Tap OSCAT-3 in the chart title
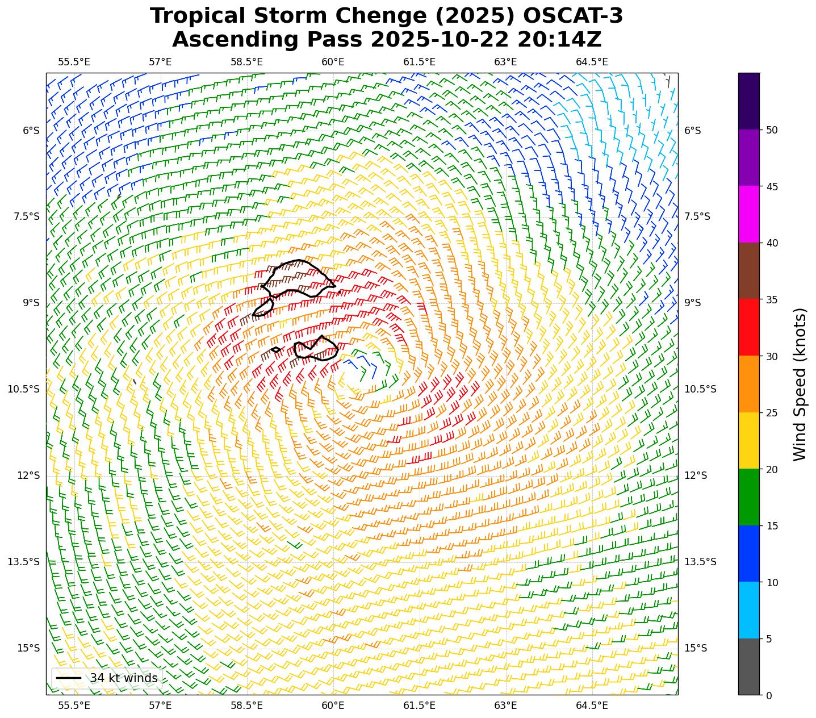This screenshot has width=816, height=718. [x=573, y=16]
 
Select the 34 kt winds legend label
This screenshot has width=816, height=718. [x=123, y=678]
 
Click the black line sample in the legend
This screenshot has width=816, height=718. [x=69, y=678]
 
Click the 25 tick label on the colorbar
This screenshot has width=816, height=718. [x=772, y=413]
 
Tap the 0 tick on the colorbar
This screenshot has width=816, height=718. [x=769, y=695]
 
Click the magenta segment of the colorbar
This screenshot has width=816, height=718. [x=749, y=214]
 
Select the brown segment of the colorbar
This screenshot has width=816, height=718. [x=749, y=271]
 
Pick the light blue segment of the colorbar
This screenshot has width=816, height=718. [x=749, y=610]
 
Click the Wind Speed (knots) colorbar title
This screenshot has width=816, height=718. [x=800, y=384]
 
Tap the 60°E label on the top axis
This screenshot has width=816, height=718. [x=333, y=62]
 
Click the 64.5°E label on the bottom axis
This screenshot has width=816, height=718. [x=592, y=706]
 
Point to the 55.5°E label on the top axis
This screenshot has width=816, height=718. [x=74, y=62]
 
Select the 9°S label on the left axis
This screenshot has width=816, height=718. [x=31, y=303]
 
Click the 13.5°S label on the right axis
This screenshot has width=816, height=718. [x=700, y=562]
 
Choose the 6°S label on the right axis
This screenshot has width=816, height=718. [x=693, y=131]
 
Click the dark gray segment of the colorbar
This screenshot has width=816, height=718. [x=749, y=666]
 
